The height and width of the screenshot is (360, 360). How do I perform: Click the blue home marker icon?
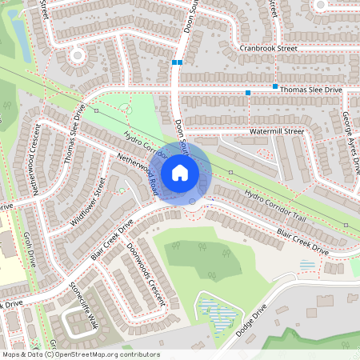[x=180, y=172]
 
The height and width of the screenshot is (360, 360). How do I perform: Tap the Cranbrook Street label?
[x=268, y=49]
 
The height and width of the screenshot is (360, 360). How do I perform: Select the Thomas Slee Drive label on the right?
[x=310, y=91]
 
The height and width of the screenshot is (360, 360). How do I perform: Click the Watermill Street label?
[x=277, y=130]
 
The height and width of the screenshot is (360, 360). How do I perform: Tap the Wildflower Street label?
[x=88, y=202]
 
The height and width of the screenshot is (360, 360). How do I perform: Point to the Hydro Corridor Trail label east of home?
[x=276, y=206]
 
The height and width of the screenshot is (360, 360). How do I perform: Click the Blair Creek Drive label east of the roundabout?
[x=302, y=242]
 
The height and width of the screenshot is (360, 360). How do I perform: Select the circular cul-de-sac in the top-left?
[x=78, y=55]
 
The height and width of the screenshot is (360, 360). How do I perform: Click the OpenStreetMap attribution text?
[x=80, y=354]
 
